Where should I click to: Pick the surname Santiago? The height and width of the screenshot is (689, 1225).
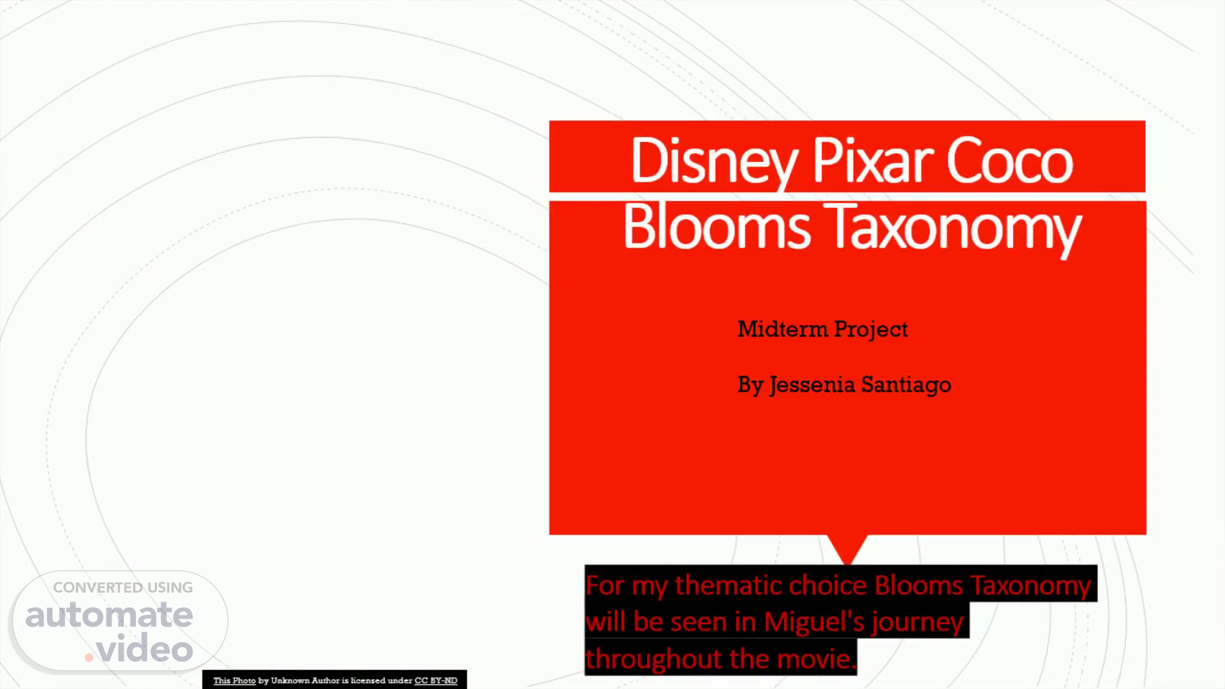coord(906,385)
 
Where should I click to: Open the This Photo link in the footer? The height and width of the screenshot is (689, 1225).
coord(234,681)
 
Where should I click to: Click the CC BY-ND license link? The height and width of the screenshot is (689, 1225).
coord(436,681)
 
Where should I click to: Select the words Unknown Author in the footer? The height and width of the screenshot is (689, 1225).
coord(305,681)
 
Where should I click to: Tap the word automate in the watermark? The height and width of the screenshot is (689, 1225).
coord(109,616)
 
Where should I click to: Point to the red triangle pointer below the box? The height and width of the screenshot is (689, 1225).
coord(847,547)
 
